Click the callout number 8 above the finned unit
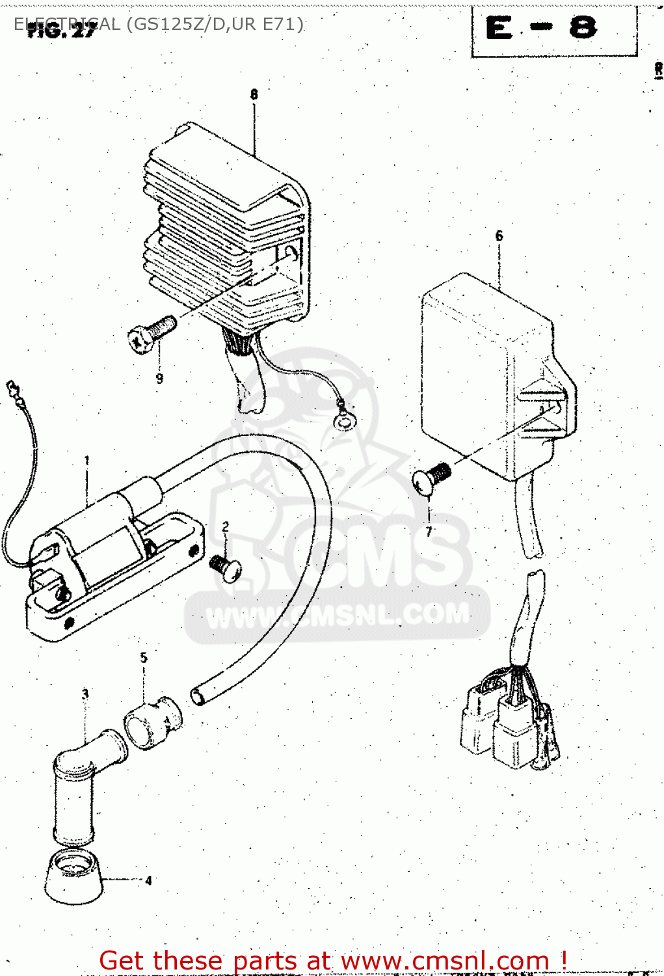[254, 94]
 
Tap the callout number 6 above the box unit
[499, 236]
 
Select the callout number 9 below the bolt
[159, 379]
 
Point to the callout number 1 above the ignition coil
[86, 461]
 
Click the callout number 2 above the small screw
[225, 527]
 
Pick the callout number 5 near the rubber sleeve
[144, 658]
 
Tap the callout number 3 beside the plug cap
[85, 694]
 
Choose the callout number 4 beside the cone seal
[148, 880]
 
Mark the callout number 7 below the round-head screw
[429, 531]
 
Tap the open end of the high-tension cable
[198, 696]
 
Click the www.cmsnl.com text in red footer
[445, 960]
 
